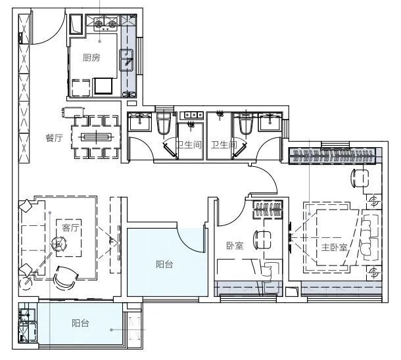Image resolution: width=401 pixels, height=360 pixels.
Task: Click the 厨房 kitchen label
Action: coord(91,58)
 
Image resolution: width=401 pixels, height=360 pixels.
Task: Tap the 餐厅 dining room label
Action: coord(54,138)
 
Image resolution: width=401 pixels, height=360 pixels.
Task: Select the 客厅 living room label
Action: coord(70,227)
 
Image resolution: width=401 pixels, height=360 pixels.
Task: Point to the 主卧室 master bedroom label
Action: coord(334,247)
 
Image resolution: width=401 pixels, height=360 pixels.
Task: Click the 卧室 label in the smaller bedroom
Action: coord(235,246)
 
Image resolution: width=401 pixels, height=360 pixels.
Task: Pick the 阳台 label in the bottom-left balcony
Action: coord(80,323)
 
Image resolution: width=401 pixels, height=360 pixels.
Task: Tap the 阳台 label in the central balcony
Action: coord(164,264)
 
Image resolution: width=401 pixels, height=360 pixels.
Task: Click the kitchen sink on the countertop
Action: coord(126,60)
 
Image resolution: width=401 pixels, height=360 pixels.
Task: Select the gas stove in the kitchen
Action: coord(105,23)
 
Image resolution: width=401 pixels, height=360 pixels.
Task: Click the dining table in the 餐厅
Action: coord(96,137)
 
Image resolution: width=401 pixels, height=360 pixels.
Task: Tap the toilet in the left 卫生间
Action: coord(164,124)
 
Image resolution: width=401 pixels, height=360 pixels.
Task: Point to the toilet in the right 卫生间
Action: coord(246,124)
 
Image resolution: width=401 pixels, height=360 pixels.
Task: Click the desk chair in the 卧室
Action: coord(262,240)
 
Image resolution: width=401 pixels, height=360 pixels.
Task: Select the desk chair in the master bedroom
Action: coord(360,178)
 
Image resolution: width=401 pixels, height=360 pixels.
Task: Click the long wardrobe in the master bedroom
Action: coord(332,156)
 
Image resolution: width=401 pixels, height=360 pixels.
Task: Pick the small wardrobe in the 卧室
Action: coord(268,210)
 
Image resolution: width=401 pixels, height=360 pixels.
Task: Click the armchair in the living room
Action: coord(66,278)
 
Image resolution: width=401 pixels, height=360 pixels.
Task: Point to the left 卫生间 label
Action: coord(189,145)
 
